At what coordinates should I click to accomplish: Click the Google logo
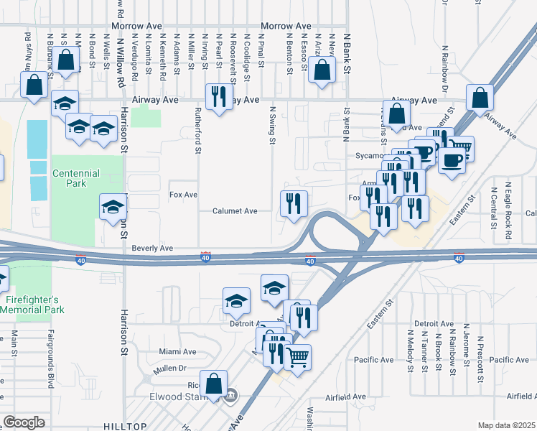[24, 422]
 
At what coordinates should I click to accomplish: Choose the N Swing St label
[273, 126]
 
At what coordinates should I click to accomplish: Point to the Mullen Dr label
[169, 369]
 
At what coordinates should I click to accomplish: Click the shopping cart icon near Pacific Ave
[297, 356]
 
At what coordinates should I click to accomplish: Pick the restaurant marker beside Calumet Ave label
[293, 204]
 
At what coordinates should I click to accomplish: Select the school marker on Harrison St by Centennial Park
[113, 208]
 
